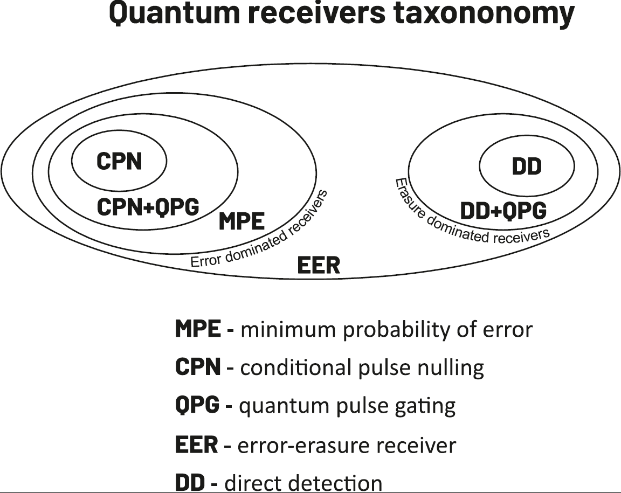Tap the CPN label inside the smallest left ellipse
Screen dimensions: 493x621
(x=119, y=161)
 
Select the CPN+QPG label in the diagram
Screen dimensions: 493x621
(x=148, y=207)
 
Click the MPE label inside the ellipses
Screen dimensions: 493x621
(x=241, y=221)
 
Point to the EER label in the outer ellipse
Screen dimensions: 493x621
(x=319, y=266)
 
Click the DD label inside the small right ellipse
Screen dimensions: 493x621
(x=526, y=167)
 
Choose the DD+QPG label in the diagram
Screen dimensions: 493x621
(x=503, y=211)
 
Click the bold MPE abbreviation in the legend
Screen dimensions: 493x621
(x=197, y=329)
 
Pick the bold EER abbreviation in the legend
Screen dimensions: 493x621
(x=196, y=446)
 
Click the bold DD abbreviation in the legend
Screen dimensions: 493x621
(x=190, y=482)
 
